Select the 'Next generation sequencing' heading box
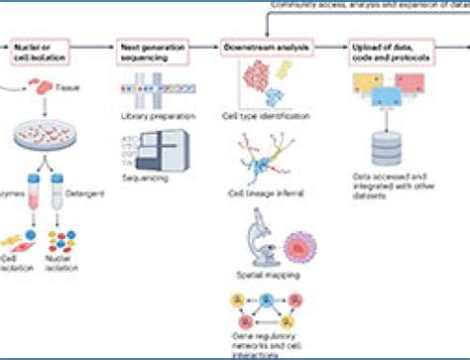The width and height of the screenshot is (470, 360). [x=150, y=49]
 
